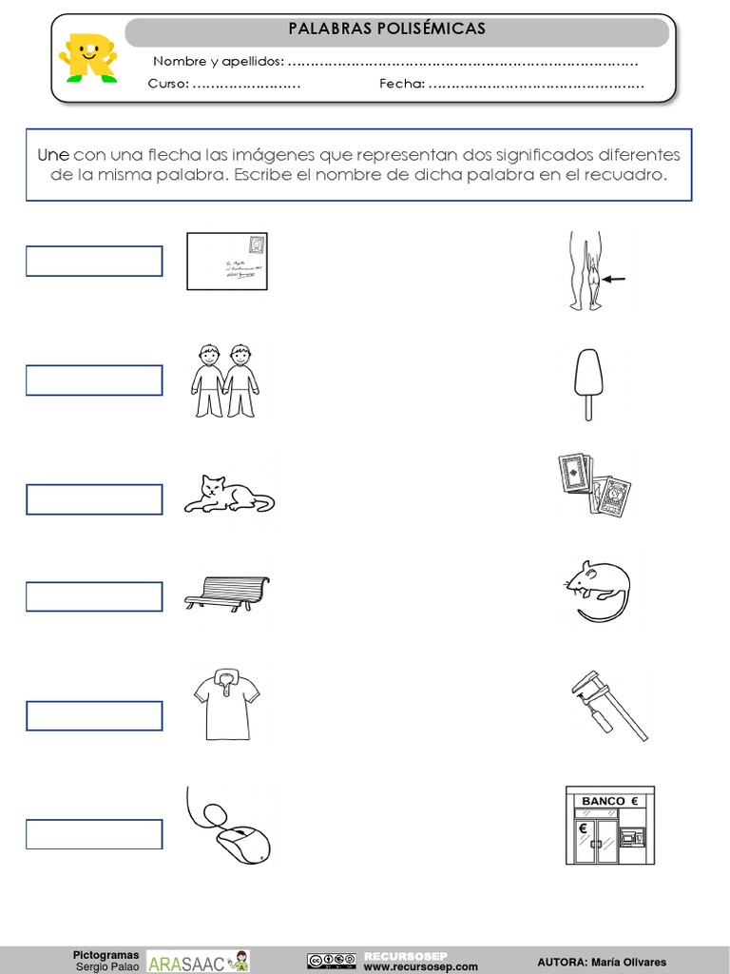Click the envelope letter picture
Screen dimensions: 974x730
[227, 261]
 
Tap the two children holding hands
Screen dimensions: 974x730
[226, 380]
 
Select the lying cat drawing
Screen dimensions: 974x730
[228, 494]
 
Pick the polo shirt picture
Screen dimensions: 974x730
[226, 704]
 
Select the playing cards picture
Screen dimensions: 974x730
[594, 484]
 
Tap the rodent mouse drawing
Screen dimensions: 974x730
[597, 590]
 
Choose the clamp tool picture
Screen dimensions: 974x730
[608, 704]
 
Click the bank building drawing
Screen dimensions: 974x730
[610, 825]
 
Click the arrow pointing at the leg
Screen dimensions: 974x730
[615, 280]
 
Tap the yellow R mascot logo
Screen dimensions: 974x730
[86, 57]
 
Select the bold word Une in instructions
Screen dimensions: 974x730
[53, 155]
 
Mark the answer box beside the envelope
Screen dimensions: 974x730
[94, 261]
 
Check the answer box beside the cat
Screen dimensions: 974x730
[94, 499]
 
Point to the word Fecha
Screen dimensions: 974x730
[400, 84]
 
